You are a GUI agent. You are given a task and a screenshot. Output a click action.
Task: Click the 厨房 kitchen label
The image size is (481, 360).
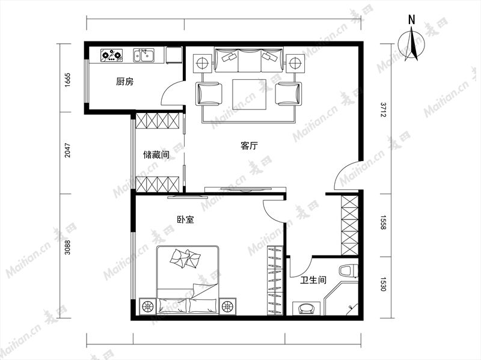pyautogui.click(x=125, y=82)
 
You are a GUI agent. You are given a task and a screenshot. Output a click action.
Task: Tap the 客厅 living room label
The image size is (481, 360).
pyautogui.click(x=249, y=145)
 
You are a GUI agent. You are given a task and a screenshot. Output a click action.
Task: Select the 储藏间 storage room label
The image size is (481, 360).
pyautogui.click(x=156, y=154)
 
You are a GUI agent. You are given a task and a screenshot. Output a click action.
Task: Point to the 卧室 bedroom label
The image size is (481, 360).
pyautogui.click(x=186, y=219)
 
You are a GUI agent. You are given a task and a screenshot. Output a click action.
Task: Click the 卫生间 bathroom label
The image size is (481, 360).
pyautogui.click(x=313, y=279)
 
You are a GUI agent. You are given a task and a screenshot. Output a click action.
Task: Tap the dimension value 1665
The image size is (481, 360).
pyautogui.click(x=68, y=80)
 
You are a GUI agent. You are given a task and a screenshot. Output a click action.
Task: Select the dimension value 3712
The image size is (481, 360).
pyautogui.click(x=383, y=110)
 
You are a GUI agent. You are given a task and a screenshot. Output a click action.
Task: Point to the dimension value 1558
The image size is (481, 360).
pyautogui.click(x=383, y=222)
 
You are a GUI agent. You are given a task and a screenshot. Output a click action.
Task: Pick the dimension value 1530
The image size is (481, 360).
pyautogui.click(x=383, y=284)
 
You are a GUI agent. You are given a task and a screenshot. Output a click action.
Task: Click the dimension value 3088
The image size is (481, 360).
pyautogui.click(x=68, y=247)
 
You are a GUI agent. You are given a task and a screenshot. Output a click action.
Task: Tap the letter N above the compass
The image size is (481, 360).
pyautogui.click(x=412, y=20)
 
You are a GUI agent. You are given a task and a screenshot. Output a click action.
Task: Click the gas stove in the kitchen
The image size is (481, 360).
pyautogui.click(x=111, y=55)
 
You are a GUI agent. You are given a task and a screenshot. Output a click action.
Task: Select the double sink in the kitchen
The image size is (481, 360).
pyautogui.click(x=144, y=55)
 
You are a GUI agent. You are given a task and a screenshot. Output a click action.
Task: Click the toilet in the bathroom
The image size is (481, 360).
pyautogui.click(x=349, y=271)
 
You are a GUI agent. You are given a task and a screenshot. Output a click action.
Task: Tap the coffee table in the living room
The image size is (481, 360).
pyautogui.click(x=249, y=94)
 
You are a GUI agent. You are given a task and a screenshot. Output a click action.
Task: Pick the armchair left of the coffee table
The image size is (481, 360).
pyautogui.click(x=209, y=94)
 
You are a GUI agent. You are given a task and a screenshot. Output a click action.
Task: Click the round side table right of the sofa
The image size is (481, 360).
pyautogui.click(x=295, y=64)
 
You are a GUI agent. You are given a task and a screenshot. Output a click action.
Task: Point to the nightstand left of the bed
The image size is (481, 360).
pyautogui.click(x=148, y=306)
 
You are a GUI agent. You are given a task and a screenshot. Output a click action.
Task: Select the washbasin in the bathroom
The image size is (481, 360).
pyautogui.click(x=306, y=308)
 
